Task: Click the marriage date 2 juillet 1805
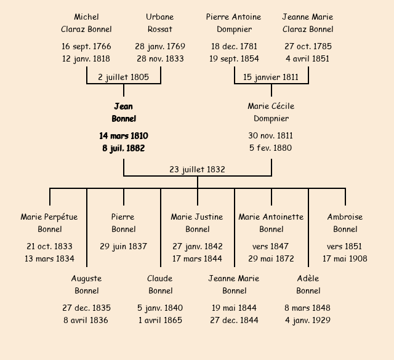(x=123, y=77)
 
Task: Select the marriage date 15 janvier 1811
(x=271, y=77)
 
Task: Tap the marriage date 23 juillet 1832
(x=197, y=169)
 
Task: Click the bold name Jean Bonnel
(x=123, y=113)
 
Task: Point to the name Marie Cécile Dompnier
(x=271, y=113)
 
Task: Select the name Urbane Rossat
(x=160, y=23)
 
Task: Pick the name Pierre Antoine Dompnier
(x=234, y=23)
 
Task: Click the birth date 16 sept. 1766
(x=86, y=46)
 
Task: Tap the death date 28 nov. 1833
(x=160, y=58)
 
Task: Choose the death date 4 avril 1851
(x=308, y=58)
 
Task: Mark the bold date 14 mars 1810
(x=123, y=135)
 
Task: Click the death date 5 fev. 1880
(x=271, y=148)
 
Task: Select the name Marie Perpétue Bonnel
(x=50, y=223)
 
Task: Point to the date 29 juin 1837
(x=123, y=246)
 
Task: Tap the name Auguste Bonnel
(x=86, y=284)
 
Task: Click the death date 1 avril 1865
(x=160, y=320)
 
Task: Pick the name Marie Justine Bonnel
(x=197, y=223)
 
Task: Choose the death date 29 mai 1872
(x=271, y=258)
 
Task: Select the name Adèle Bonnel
(x=308, y=284)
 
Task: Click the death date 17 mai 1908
(x=345, y=258)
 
